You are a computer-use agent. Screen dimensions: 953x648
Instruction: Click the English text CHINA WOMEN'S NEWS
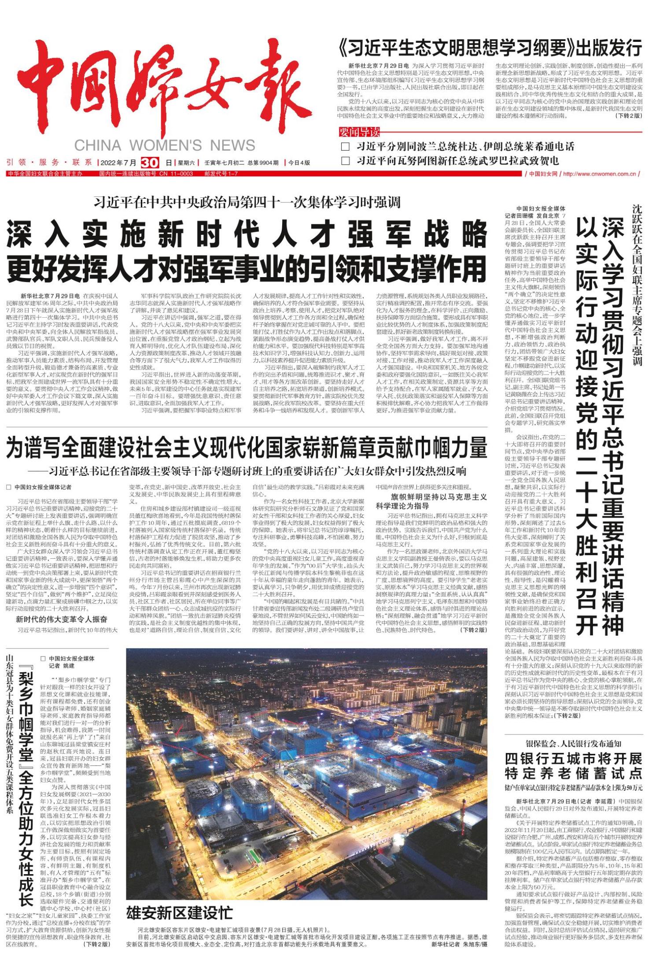[x=165, y=145]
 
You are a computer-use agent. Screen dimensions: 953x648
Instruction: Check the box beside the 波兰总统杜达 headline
[x=346, y=147]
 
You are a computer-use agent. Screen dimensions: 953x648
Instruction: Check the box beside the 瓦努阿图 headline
[x=346, y=160]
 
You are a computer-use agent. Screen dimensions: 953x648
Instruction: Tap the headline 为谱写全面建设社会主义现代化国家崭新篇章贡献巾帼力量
[x=247, y=448]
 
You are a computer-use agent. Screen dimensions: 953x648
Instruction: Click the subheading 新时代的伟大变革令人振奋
[x=62, y=619]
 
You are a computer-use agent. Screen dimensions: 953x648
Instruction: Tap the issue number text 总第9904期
[x=263, y=163]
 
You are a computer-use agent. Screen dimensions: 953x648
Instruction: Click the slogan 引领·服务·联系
[x=50, y=162]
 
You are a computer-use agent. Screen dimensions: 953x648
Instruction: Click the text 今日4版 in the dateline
[x=299, y=163]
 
